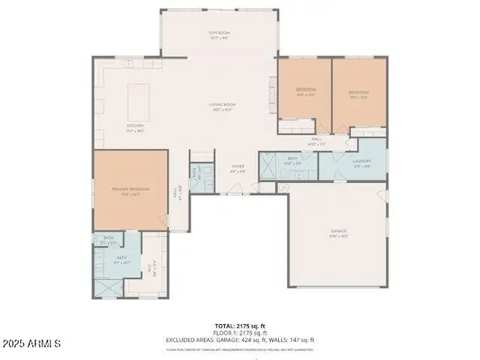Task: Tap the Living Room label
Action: [x=222, y=106]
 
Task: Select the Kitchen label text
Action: [x=135, y=127]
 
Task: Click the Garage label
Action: [x=338, y=232]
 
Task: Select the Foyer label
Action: [x=238, y=169]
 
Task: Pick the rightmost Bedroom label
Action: [x=358, y=94]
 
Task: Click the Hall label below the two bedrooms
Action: [x=317, y=141]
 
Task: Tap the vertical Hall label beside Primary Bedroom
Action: [x=176, y=193]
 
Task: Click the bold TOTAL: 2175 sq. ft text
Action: [x=239, y=325]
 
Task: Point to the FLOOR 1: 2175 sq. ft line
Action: [x=239, y=332]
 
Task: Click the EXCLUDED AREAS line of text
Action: [x=239, y=340]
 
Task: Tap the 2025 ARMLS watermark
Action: [x=31, y=343]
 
